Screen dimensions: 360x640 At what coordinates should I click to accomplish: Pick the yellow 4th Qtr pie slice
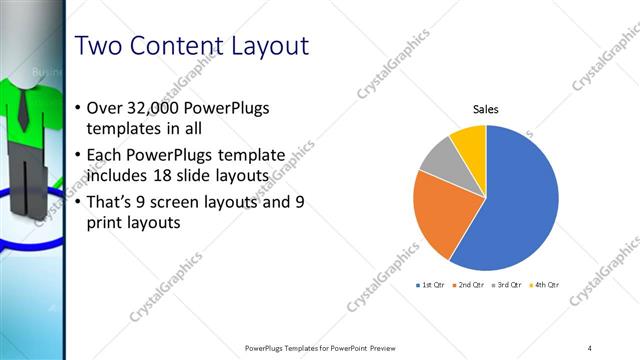tap(469, 140)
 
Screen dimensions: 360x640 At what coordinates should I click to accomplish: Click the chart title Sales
tap(485, 110)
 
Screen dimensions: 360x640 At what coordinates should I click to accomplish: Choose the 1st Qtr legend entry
tap(431, 285)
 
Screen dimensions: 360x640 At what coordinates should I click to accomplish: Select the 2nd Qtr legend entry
tap(469, 285)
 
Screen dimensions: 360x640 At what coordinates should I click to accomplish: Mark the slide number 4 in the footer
tap(590, 347)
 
